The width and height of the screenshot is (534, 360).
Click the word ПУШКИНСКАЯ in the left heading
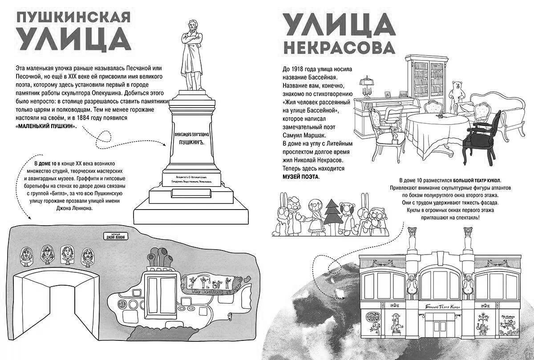[x=73, y=17]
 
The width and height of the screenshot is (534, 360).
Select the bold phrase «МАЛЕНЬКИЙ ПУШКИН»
[x=46, y=126]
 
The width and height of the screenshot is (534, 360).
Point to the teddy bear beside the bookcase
[x=457, y=92]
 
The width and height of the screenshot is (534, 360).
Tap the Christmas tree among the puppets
[x=331, y=212]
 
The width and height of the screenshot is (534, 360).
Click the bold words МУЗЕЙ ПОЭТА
[x=301, y=177]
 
